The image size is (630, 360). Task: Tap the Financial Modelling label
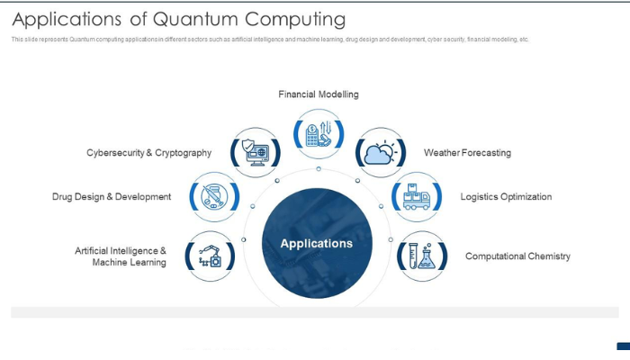click(319, 94)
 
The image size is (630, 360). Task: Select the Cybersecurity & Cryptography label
click(148, 153)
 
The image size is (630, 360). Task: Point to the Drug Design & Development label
click(112, 196)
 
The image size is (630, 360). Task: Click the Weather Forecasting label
click(467, 153)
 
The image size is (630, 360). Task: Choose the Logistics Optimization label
click(506, 196)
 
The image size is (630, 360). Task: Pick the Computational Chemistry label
click(517, 256)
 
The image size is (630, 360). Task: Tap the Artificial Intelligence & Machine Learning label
click(121, 256)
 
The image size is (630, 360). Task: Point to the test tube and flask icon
click(421, 256)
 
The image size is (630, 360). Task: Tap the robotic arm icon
click(210, 256)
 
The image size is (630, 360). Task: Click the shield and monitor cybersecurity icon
click(255, 152)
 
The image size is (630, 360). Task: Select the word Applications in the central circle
click(317, 243)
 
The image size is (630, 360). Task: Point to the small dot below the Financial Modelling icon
click(319, 169)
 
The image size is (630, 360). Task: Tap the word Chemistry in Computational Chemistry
click(545, 256)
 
